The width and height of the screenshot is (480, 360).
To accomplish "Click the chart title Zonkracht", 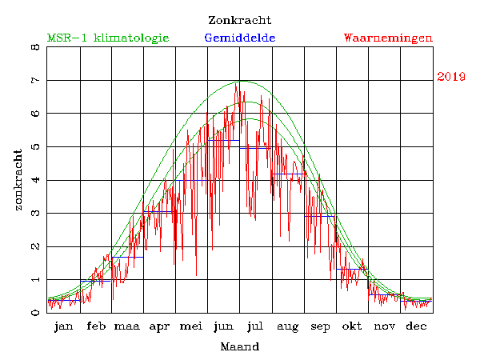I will (x=239, y=20).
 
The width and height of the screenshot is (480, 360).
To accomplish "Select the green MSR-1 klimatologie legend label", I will (x=108, y=38).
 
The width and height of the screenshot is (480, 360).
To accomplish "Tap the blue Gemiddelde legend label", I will (x=240, y=38).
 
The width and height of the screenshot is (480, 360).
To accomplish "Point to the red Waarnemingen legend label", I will (x=388, y=38).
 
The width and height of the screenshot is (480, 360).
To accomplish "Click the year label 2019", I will (x=451, y=77).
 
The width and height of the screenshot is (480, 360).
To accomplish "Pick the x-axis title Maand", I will (x=239, y=346).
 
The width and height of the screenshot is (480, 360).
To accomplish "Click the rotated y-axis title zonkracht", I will (x=18, y=180).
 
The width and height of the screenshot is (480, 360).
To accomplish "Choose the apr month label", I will (x=159, y=326).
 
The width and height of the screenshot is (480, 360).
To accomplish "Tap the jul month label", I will (x=256, y=326).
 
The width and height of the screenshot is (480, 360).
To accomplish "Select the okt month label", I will (x=352, y=326).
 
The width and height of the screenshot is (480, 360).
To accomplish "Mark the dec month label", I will (x=416, y=326).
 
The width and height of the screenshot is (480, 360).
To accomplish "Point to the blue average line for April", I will (x=159, y=211).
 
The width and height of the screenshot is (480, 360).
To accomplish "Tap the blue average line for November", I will (x=384, y=294).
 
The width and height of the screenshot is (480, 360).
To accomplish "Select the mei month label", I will (x=191, y=326).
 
